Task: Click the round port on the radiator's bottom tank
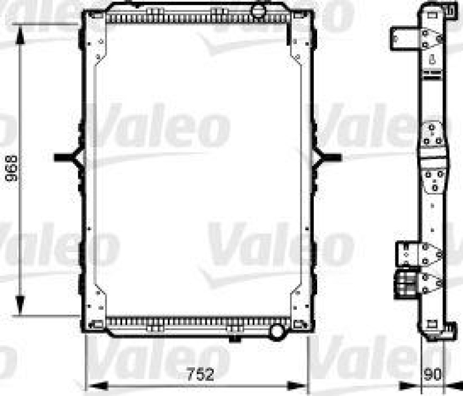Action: coord(279,331)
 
